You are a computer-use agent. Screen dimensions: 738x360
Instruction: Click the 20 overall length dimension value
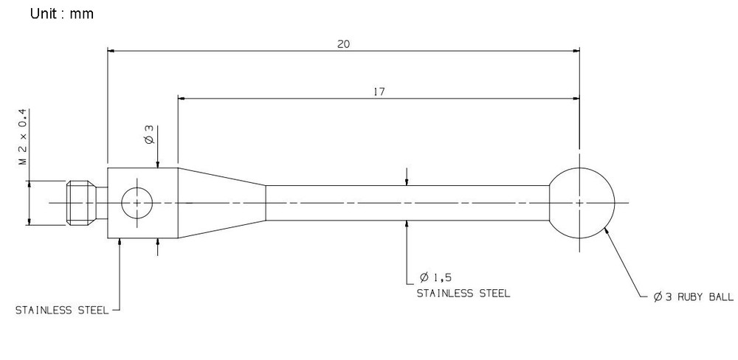tap(344, 44)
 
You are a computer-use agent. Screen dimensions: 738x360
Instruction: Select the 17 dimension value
tap(379, 92)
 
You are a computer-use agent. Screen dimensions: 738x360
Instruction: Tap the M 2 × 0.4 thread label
tap(23, 137)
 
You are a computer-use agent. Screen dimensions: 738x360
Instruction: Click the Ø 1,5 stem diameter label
tap(435, 277)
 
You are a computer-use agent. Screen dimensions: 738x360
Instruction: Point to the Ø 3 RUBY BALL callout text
tap(693, 297)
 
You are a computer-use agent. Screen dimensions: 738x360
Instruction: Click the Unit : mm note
tap(62, 13)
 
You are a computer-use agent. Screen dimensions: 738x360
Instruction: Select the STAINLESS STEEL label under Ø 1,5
tap(463, 294)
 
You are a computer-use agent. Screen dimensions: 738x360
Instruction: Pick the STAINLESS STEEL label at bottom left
tap(62, 311)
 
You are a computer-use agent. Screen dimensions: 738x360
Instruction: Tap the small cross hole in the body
tap(137, 188)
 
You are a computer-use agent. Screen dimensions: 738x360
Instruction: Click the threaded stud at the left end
tap(82, 203)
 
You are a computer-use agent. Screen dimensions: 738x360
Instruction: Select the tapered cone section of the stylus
tap(221, 203)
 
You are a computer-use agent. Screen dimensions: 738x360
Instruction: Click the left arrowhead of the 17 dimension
tap(182, 98)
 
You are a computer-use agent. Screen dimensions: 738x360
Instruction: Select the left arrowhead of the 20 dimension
tap(112, 50)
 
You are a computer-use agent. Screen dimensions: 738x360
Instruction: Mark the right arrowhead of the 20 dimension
tap(575, 50)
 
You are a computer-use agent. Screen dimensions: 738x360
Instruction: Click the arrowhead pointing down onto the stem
tap(407, 181)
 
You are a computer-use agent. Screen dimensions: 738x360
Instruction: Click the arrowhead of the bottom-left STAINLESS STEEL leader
tap(120, 243)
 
